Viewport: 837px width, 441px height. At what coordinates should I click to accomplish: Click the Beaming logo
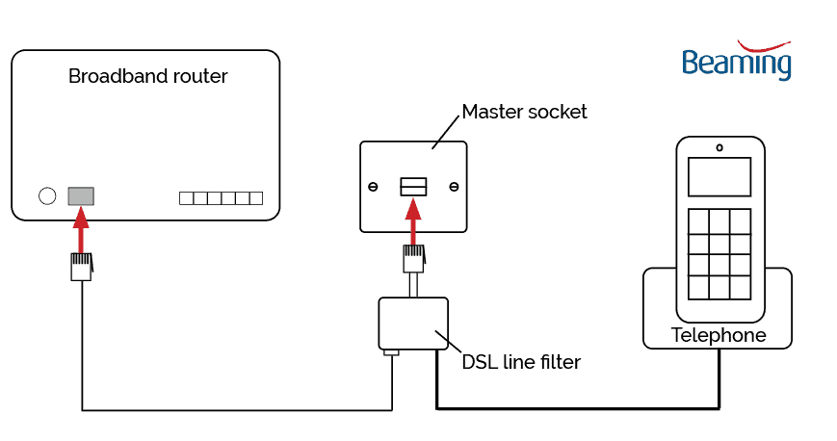coord(736,61)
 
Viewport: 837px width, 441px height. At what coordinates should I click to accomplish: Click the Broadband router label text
coord(147,76)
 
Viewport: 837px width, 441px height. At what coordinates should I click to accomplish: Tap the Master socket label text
coord(524,112)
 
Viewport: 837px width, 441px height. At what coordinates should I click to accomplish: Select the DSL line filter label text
coord(521,362)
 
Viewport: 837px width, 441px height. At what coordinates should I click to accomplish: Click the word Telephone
coord(719,336)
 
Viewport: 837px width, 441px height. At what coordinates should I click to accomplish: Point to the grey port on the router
coord(81,195)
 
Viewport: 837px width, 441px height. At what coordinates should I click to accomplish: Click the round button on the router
coord(47,196)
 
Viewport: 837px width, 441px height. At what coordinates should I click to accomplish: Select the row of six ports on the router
coord(221,198)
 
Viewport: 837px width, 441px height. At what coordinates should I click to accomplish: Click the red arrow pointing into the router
coord(81,230)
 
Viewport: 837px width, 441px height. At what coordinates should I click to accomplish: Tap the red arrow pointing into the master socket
coord(413,220)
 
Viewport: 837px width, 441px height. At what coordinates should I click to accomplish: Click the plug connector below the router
coord(81,266)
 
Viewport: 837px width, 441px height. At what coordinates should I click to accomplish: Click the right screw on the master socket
coord(454,187)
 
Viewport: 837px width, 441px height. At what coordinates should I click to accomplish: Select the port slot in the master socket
coord(413,186)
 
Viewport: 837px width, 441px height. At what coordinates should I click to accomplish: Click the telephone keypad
coord(719,252)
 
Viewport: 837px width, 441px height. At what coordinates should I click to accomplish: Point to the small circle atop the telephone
coord(719,147)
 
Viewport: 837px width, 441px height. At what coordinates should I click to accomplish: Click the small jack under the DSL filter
coord(391,353)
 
